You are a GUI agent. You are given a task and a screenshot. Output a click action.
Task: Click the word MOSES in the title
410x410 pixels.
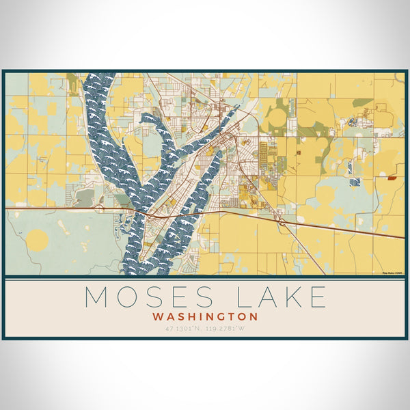tap(146, 297)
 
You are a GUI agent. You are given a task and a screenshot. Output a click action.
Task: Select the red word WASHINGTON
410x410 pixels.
tap(205, 317)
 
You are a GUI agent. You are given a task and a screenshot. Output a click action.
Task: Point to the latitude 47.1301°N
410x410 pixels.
tap(180, 329)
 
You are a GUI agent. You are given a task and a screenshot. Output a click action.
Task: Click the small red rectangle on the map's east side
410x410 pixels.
tap(392, 177)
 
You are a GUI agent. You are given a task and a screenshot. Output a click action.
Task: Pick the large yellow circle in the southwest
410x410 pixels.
tap(38, 240)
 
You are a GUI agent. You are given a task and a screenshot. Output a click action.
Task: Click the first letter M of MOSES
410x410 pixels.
tap(97, 297)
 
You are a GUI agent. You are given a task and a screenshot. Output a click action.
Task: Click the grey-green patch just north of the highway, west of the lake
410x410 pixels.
tap(85, 197)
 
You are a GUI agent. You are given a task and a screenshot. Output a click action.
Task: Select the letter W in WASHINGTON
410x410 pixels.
tap(158, 317)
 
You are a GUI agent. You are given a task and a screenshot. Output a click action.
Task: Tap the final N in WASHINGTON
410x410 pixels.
tap(254, 317)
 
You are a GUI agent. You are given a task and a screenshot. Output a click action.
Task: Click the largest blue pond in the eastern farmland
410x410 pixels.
tap(353, 182)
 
